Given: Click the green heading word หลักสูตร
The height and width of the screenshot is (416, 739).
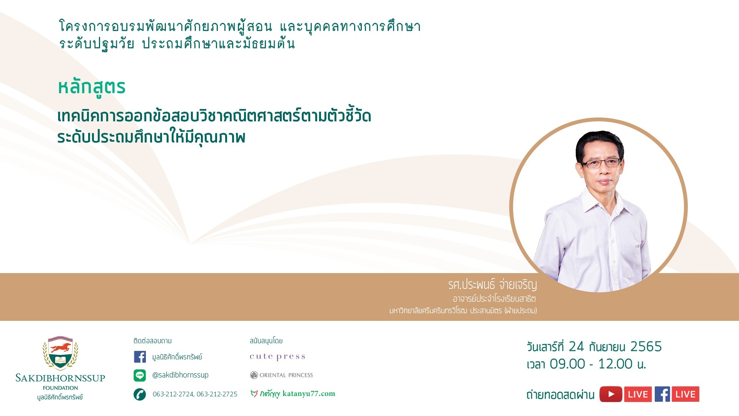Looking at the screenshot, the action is tap(92, 87).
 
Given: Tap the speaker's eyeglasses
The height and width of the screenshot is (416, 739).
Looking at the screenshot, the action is tap(601, 163).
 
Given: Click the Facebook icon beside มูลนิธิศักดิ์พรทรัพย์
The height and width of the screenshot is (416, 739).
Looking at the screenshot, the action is tap(140, 357).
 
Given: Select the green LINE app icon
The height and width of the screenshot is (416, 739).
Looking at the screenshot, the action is tap(140, 375).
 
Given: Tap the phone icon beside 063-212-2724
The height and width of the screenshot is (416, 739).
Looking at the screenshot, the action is tap(140, 394).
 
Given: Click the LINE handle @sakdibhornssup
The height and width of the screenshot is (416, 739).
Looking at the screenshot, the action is tap(180, 375).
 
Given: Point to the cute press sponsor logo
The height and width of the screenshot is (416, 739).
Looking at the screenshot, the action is tap(278, 357).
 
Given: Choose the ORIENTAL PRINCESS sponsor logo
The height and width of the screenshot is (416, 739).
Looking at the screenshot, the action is tap(281, 375).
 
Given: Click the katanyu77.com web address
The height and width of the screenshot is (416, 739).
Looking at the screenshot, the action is tap(309, 394).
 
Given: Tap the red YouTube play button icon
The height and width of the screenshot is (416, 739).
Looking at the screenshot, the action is tap(610, 394).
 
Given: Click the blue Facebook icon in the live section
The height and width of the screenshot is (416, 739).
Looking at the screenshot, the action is tap(662, 394).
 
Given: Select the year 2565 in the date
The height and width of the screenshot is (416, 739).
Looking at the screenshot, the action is tap(646, 347).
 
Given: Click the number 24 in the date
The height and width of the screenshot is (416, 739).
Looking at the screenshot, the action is tap(576, 347).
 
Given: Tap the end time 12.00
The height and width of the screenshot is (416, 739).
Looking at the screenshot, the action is tap(615, 364).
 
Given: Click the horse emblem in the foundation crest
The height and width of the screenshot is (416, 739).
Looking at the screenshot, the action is tap(60, 348).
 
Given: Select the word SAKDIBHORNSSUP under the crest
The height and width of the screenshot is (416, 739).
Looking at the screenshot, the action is tap(60, 378).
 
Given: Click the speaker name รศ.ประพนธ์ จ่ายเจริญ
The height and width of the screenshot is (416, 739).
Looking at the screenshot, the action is tap(492, 285).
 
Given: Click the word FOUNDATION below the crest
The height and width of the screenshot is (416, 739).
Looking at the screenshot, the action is tap(60, 388).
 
